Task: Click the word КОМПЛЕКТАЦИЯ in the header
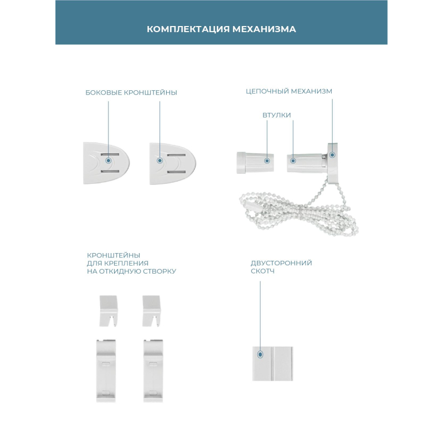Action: (x=188, y=29)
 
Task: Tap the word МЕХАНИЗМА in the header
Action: (x=264, y=29)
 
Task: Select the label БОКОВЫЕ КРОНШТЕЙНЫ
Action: (x=131, y=92)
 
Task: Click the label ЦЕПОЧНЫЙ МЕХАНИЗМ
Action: (x=289, y=91)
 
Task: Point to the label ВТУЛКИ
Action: (x=276, y=115)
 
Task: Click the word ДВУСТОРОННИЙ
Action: (x=281, y=263)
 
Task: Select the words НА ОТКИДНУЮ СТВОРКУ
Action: (x=131, y=271)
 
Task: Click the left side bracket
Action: (x=106, y=163)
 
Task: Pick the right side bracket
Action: (x=173, y=163)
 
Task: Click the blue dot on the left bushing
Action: (x=267, y=161)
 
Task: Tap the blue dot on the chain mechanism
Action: (x=332, y=155)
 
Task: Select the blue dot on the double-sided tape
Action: (x=260, y=354)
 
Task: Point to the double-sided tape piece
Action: (x=272, y=364)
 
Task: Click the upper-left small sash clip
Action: (x=108, y=311)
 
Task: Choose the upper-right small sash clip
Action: (x=151, y=311)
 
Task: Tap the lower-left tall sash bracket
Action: (x=106, y=370)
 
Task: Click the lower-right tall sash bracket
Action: (x=153, y=370)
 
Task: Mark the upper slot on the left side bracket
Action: (x=110, y=154)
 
